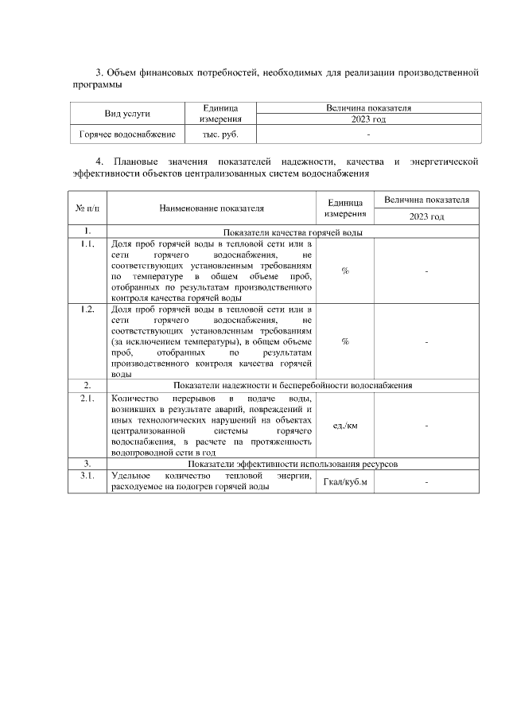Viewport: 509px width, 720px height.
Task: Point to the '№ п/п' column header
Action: click(87, 208)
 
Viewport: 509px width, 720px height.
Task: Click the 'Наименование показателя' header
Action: click(211, 208)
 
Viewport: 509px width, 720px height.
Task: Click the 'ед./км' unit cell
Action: click(345, 426)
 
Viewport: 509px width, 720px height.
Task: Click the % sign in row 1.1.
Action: click(345, 270)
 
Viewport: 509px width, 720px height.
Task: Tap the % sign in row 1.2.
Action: click(345, 341)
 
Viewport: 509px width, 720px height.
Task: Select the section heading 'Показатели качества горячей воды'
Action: click(293, 232)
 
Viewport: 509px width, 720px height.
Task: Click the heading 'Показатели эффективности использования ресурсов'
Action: click(293, 463)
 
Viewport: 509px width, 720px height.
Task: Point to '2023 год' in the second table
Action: click(427, 216)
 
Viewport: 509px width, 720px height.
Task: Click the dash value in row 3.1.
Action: click(427, 482)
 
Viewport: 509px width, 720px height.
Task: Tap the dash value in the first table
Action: click(368, 134)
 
